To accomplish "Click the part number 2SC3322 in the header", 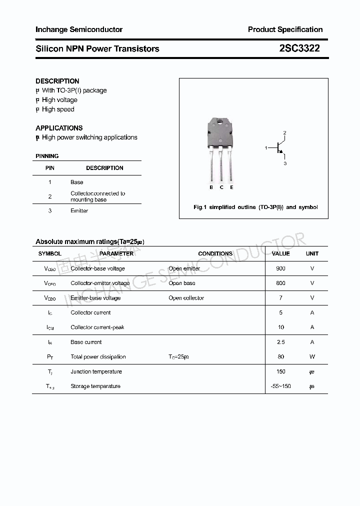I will point(299,48).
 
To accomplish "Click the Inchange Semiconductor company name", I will point(79,29).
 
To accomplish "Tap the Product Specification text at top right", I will point(285,29).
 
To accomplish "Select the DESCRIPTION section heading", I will point(57,81).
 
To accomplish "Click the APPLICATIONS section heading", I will point(59,128).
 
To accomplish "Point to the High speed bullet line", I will point(57,109).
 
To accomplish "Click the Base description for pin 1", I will point(77,182).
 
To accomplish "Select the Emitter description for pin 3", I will point(79,211).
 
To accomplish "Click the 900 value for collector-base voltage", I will point(280,268).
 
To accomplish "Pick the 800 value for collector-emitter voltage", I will point(280,283).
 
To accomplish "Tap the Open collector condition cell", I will point(186,298).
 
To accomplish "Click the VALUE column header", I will point(280,253).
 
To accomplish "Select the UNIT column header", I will point(312,253).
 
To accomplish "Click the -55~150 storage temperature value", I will point(280,386).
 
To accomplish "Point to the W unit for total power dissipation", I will point(312,357).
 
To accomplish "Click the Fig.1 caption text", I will point(255,207).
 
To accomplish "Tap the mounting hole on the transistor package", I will point(220,122).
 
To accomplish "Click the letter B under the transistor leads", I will point(211,187).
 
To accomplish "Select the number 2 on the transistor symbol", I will point(284,133).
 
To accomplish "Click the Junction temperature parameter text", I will point(96,371).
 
